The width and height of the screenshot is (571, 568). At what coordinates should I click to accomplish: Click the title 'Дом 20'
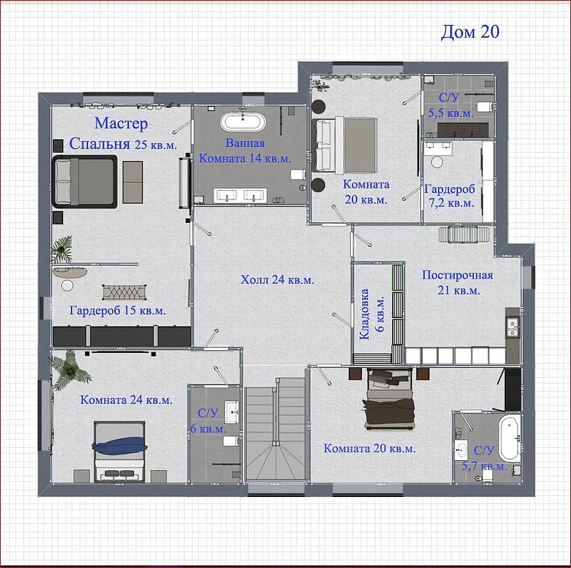pyautogui.click(x=469, y=32)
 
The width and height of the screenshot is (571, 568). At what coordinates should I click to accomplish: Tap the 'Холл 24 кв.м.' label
pyautogui.click(x=277, y=280)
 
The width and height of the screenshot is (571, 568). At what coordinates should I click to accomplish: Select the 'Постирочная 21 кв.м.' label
pyautogui.click(x=458, y=283)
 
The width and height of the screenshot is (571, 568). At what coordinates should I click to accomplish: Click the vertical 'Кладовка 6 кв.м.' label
pyautogui.click(x=372, y=314)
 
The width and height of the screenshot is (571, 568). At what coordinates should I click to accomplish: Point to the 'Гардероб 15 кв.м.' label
pyautogui.click(x=118, y=310)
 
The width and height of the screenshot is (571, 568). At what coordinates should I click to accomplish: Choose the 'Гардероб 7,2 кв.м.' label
pyautogui.click(x=450, y=196)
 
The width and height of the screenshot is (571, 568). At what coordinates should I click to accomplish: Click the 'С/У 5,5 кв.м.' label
pyautogui.click(x=450, y=105)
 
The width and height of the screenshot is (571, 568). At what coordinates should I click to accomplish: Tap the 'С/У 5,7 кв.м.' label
pyautogui.click(x=484, y=458)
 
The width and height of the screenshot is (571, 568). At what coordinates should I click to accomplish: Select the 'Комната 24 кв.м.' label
pyautogui.click(x=126, y=400)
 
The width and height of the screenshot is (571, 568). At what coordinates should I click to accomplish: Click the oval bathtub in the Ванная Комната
pyautogui.click(x=242, y=122)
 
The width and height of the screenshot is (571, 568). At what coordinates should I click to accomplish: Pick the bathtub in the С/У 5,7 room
pyautogui.click(x=509, y=439)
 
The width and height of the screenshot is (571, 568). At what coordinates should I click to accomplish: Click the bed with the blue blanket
pyautogui.click(x=120, y=452)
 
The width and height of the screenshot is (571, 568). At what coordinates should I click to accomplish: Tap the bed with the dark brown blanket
pyautogui.click(x=390, y=399)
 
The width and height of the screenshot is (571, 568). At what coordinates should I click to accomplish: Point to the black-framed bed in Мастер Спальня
pyautogui.click(x=85, y=182)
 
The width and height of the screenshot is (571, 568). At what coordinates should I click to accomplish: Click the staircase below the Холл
pyautogui.click(x=276, y=430)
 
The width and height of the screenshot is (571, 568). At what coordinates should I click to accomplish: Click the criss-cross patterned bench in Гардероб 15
pyautogui.click(x=125, y=292)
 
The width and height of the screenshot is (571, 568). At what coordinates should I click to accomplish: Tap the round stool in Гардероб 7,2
pyautogui.click(x=437, y=162)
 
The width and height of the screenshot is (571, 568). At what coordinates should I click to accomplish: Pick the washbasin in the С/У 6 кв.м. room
pyautogui.click(x=232, y=412)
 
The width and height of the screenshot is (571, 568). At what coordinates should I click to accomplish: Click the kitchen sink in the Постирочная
pyautogui.click(x=512, y=328)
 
